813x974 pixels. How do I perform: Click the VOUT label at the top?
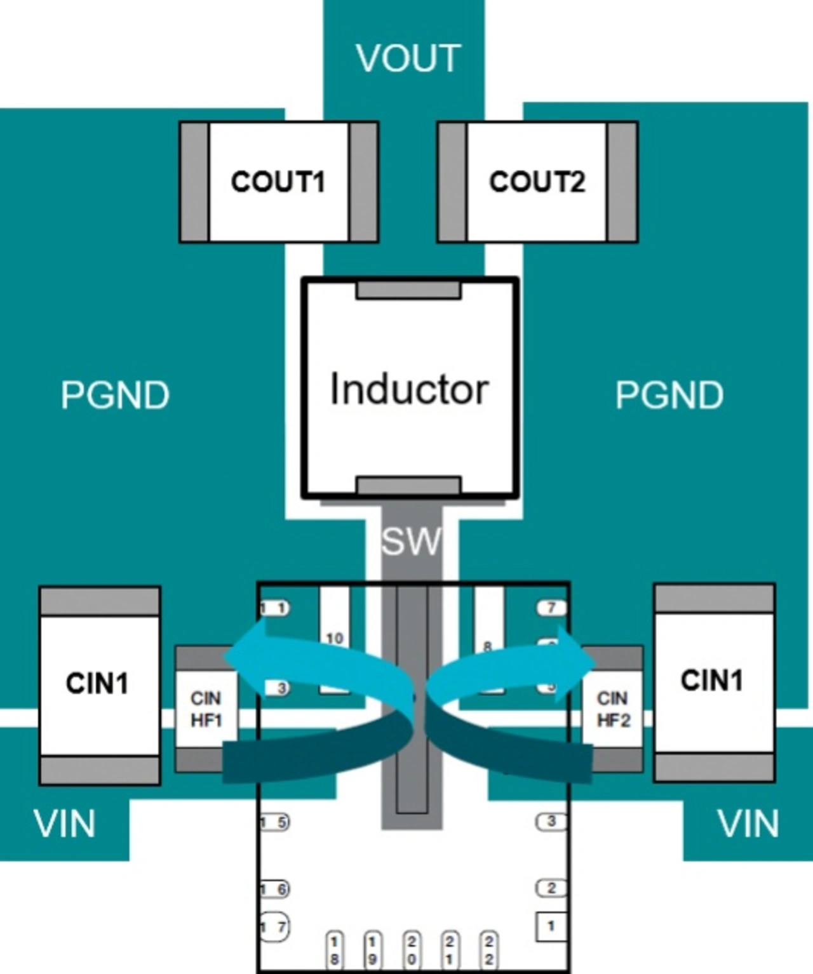pyautogui.click(x=408, y=58)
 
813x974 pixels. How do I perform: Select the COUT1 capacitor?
pyautogui.click(x=278, y=182)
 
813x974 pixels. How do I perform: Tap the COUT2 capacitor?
pyautogui.click(x=537, y=182)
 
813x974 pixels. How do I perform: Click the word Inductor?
pyautogui.click(x=409, y=389)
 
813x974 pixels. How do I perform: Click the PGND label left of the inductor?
pyautogui.click(x=115, y=395)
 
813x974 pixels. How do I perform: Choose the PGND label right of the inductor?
pyautogui.click(x=669, y=395)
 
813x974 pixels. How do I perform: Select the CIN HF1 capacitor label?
pyautogui.click(x=206, y=709)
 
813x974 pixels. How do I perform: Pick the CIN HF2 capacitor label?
pyautogui.click(x=613, y=709)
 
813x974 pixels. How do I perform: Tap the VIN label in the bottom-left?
pyautogui.click(x=64, y=824)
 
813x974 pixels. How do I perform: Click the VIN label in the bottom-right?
pyautogui.click(x=748, y=824)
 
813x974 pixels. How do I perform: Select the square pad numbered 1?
pyautogui.click(x=551, y=926)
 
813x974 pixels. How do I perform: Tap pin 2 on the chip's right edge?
pyautogui.click(x=551, y=888)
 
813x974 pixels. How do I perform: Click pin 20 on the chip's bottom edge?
pyautogui.click(x=411, y=950)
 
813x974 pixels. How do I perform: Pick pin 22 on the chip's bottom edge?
pyautogui.click(x=488, y=950)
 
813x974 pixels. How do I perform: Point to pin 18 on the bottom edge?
pyautogui.click(x=334, y=950)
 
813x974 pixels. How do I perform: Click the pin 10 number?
pyautogui.click(x=335, y=638)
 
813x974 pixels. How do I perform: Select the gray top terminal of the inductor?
pyautogui.click(x=408, y=290)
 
